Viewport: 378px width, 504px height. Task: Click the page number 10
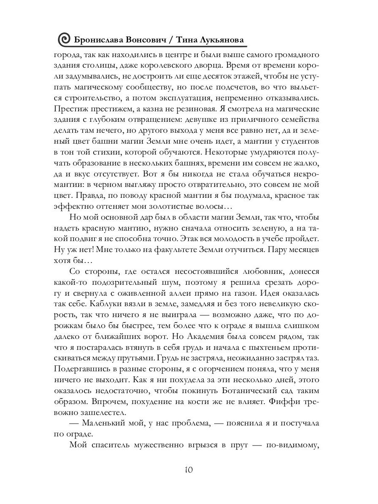click(189, 470)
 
